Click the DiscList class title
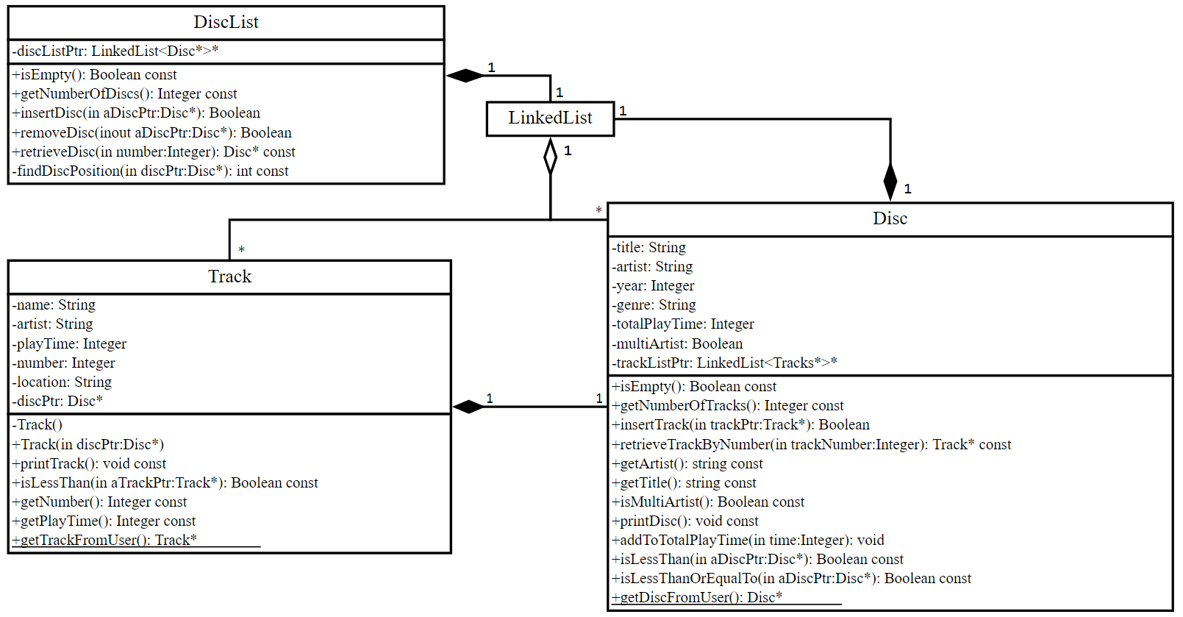(226, 22)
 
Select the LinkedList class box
(550, 118)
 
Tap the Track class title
(229, 277)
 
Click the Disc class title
(890, 218)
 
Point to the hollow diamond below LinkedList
(550, 157)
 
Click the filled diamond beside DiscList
(465, 75)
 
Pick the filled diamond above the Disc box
(890, 181)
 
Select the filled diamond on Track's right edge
(468, 407)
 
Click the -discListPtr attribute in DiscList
(115, 51)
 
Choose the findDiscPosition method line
(150, 171)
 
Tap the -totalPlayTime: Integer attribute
(683, 324)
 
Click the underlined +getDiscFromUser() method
(696, 597)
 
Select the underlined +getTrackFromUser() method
(104, 540)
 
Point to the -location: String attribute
(62, 382)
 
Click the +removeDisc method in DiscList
(151, 133)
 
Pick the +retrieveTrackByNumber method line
(811, 445)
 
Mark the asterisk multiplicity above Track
(241, 250)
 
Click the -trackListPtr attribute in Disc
(724, 363)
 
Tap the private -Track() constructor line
(37, 425)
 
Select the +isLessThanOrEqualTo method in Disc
(790, 579)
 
